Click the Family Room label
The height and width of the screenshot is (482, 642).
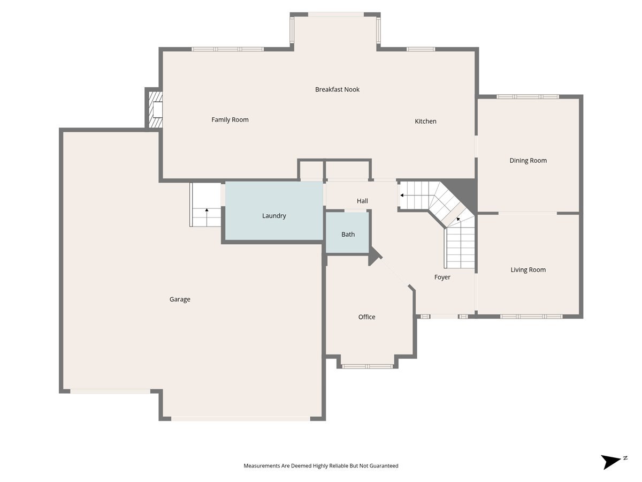click(x=230, y=119)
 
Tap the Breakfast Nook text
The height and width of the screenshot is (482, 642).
click(x=337, y=89)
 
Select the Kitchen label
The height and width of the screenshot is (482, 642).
click(x=425, y=121)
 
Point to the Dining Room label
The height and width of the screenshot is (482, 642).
click(x=528, y=161)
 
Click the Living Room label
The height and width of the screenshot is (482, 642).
click(x=528, y=270)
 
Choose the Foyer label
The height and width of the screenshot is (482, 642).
click(x=442, y=277)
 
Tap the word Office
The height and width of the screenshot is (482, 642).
click(x=366, y=317)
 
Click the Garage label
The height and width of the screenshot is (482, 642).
click(x=180, y=299)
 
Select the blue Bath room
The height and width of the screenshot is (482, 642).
click(x=347, y=232)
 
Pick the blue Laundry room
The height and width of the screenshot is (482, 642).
click(x=274, y=210)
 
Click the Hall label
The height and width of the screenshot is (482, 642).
click(x=362, y=201)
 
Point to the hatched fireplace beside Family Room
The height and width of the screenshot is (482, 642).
click(x=155, y=110)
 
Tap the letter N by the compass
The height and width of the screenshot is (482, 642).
click(x=625, y=458)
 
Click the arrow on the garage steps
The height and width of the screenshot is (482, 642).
click(x=207, y=217)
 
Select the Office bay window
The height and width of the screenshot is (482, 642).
click(x=368, y=366)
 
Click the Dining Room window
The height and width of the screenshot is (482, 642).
click(x=528, y=96)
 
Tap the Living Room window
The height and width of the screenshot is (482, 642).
click(x=531, y=317)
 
